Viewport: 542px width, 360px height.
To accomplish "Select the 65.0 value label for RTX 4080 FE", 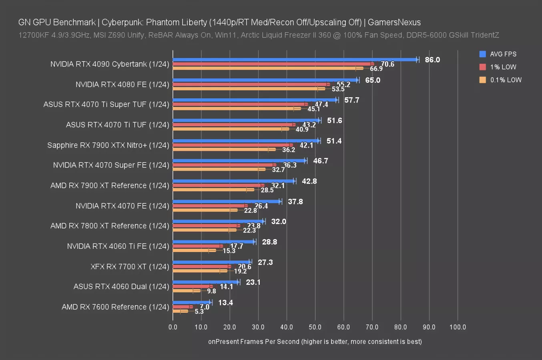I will [x=372, y=80].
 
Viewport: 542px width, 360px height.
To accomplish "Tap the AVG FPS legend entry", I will [x=503, y=54].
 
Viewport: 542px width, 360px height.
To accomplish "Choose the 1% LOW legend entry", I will [x=503, y=67].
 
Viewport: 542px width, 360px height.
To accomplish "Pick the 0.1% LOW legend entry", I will [x=506, y=80].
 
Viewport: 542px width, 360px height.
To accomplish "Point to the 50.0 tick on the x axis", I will [x=315, y=327].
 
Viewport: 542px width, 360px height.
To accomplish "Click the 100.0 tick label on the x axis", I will [x=458, y=327].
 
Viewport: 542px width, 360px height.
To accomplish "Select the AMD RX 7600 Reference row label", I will [x=115, y=307].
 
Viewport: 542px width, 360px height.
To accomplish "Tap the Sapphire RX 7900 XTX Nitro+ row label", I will [x=108, y=145].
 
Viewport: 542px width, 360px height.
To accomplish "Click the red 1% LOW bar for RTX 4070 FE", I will [x=209, y=206].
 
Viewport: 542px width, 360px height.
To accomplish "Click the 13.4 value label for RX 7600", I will [x=225, y=302].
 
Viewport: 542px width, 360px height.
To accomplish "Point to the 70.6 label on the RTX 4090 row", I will [x=387, y=64].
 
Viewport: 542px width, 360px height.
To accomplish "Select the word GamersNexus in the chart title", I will [x=394, y=22].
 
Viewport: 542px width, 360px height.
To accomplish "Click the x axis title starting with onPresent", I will [x=315, y=341].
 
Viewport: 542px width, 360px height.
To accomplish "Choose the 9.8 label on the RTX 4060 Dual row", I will [x=211, y=291].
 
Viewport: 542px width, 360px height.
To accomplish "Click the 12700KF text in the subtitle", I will [x=34, y=35].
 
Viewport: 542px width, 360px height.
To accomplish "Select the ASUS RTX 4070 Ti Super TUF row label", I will [x=106, y=104].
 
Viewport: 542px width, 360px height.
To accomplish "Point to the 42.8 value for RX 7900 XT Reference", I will [x=309, y=181].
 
